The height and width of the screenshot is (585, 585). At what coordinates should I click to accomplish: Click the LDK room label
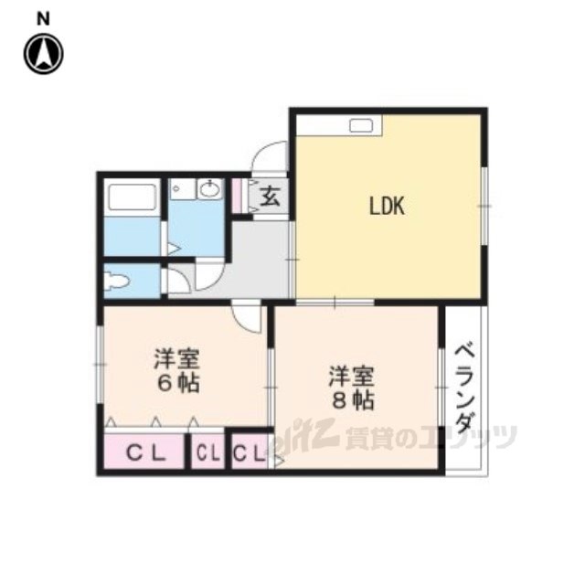[387, 206]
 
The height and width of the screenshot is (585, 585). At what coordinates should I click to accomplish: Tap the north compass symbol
[44, 54]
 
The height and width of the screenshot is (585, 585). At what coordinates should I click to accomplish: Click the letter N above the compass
[43, 19]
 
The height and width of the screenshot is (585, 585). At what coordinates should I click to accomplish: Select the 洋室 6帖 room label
[177, 370]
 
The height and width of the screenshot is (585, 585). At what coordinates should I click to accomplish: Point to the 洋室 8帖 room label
[351, 388]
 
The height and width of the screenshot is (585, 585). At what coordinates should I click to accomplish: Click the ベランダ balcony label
[465, 388]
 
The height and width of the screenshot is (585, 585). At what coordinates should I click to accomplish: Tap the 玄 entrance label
[270, 197]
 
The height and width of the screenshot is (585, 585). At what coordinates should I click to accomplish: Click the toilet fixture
[116, 281]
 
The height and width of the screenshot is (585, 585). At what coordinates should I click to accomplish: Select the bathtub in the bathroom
[132, 197]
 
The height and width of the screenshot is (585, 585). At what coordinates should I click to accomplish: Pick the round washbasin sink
[209, 190]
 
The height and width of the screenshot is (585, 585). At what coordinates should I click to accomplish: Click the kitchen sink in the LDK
[361, 126]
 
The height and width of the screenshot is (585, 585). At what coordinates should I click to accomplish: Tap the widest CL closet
[144, 452]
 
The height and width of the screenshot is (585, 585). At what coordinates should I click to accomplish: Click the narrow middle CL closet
[207, 452]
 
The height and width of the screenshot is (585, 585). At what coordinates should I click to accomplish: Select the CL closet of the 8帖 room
[250, 452]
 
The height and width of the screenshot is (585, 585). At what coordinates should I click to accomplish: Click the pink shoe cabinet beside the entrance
[236, 197]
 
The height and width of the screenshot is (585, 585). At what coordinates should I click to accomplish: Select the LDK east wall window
[484, 206]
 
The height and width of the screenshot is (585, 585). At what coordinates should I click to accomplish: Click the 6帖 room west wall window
[100, 365]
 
